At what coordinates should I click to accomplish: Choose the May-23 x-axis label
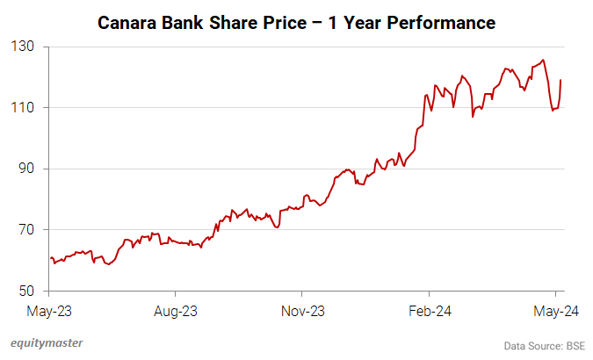point(49,311)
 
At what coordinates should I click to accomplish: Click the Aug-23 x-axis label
point(176,311)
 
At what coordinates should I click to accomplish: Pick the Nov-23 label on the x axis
point(302,311)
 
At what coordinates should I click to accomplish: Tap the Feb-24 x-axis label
point(429,311)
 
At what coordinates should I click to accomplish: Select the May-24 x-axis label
point(555,311)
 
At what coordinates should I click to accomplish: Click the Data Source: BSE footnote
point(545,344)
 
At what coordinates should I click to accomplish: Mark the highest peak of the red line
point(543,60)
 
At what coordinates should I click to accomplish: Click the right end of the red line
point(560,81)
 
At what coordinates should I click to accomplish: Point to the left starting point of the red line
point(51,258)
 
